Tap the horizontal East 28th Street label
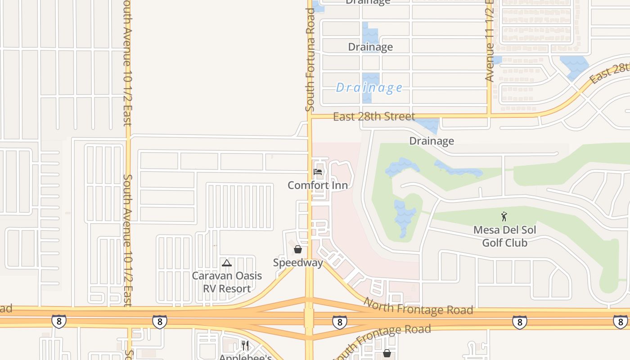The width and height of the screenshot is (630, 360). tap(374, 117)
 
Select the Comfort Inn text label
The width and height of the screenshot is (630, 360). tap(318, 185)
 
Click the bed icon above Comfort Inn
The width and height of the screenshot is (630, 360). tap(318, 172)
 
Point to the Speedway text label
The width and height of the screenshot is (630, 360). tap(298, 263)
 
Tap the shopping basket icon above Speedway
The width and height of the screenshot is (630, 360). tap(298, 249)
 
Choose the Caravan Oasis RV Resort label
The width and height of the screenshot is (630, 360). tap(227, 282)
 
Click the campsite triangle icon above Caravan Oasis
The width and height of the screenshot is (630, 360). tap(227, 263)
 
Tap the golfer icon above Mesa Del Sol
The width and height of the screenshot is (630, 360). tap(504, 216)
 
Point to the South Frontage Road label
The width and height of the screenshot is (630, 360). tap(385, 337)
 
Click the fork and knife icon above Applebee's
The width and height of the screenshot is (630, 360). tap(245, 346)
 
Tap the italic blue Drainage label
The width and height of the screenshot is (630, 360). tap(369, 87)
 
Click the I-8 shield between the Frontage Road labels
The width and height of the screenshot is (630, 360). tap(340, 322)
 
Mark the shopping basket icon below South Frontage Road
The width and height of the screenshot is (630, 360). tap(387, 353)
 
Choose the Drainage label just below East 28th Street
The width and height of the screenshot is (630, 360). tap(432, 141)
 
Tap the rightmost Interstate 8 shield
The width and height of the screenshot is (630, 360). tap(620, 322)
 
